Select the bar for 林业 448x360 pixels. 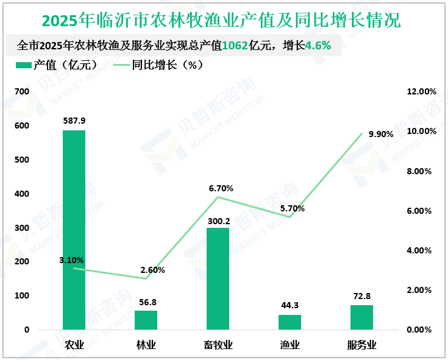coord(146,320)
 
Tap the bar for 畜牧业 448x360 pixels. coord(218,278)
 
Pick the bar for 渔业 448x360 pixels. coord(290,322)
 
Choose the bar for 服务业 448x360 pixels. coord(361,317)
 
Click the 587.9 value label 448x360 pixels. coord(74,121)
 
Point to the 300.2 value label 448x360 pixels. coord(218,222)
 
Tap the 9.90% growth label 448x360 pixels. coord(381,134)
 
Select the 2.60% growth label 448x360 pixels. coord(152,270)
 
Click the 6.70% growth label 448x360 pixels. coord(221,188)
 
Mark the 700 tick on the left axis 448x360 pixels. coord(22,91)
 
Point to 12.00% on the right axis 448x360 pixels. coord(421,91)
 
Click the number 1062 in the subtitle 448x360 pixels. coord(235,46)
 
